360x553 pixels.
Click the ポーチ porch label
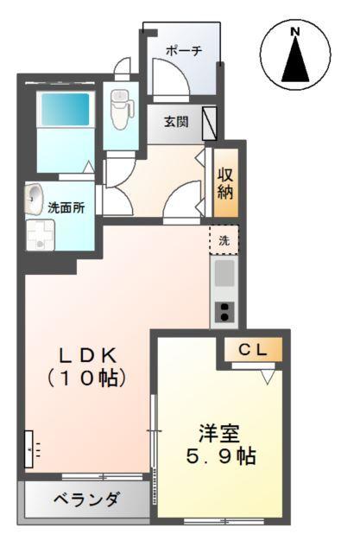184,51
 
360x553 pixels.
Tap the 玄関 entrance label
176,122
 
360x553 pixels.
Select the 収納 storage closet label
225,182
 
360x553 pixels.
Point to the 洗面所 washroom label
66,208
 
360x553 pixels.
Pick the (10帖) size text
88,378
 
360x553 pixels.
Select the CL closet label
256,349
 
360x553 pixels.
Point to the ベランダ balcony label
86,499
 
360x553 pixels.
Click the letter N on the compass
295,32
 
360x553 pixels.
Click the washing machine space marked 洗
224,240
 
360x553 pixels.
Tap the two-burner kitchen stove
224,312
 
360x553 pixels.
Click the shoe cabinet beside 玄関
209,123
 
